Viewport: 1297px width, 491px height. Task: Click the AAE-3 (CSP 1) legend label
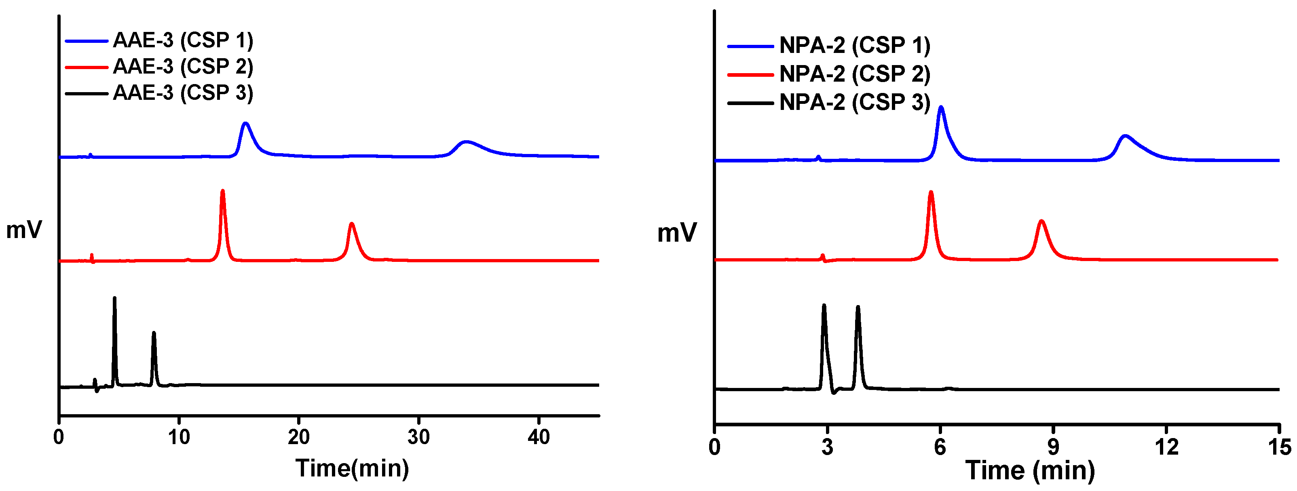tap(182, 40)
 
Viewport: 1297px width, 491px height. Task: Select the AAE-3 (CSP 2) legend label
tap(182, 66)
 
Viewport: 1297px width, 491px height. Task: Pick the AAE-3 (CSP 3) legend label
tap(182, 93)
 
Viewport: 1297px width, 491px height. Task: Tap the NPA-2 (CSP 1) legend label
tap(854, 45)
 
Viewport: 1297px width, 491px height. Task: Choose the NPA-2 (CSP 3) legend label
tap(854, 103)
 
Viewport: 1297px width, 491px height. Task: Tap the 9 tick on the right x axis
tap(1053, 447)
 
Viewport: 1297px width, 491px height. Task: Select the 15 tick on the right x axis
tap(1279, 447)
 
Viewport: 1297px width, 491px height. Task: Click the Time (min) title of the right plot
tap(1030, 471)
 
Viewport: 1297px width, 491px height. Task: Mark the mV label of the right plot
tap(677, 233)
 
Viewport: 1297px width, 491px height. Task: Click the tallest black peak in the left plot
tap(115, 299)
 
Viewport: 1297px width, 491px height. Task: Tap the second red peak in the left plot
tap(351, 224)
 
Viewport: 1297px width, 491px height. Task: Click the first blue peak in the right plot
tap(940, 108)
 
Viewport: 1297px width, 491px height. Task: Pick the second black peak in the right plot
tap(858, 308)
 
